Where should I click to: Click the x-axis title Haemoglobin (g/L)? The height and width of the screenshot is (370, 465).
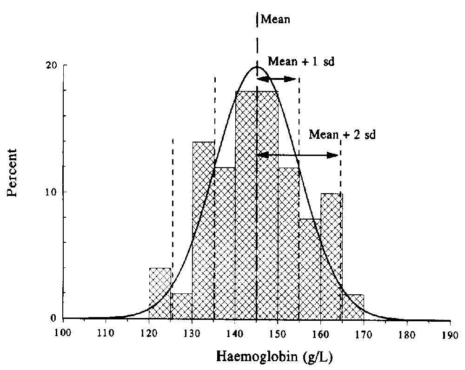point(274,357)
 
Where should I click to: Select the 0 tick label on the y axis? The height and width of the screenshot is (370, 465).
point(53,319)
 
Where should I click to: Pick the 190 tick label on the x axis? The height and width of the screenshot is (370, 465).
point(450,332)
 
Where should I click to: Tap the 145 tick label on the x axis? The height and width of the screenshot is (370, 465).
point(257,332)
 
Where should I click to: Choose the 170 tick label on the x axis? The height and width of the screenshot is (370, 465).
point(364,332)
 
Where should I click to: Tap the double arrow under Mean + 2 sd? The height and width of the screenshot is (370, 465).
point(298,155)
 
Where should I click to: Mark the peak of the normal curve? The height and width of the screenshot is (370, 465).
point(257,67)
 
